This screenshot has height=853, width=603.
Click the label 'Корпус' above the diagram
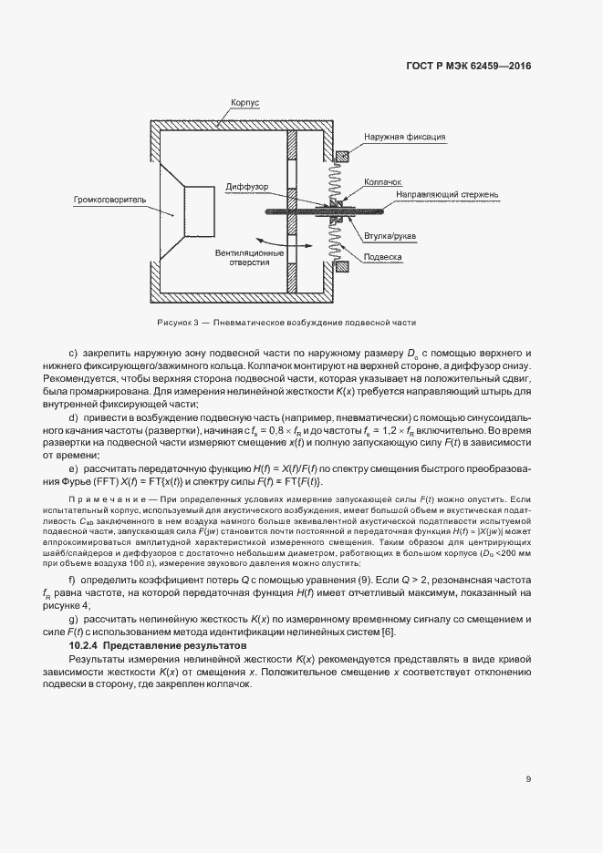[x=245, y=104]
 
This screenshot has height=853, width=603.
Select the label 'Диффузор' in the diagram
[x=248, y=188]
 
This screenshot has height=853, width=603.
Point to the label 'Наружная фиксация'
[x=404, y=138]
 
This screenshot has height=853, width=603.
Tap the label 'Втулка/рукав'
[x=390, y=235]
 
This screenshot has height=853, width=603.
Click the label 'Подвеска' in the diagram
[x=383, y=257]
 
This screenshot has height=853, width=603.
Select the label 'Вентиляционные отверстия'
[x=244, y=257]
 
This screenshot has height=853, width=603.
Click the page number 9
[x=528, y=778]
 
